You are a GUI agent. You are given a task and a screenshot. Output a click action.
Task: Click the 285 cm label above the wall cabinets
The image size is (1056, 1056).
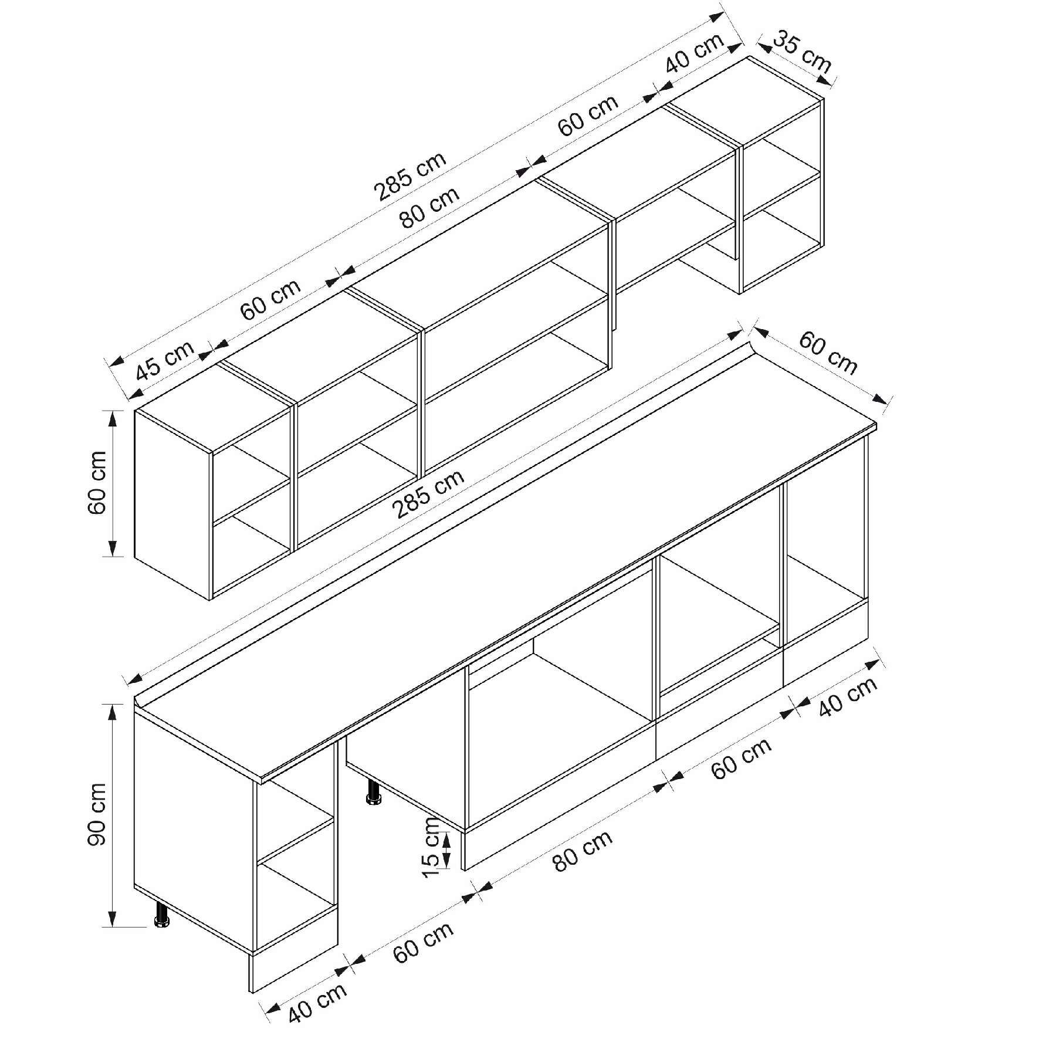click(x=411, y=176)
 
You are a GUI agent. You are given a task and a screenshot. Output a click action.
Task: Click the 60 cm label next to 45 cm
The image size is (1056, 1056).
click(x=270, y=298)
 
